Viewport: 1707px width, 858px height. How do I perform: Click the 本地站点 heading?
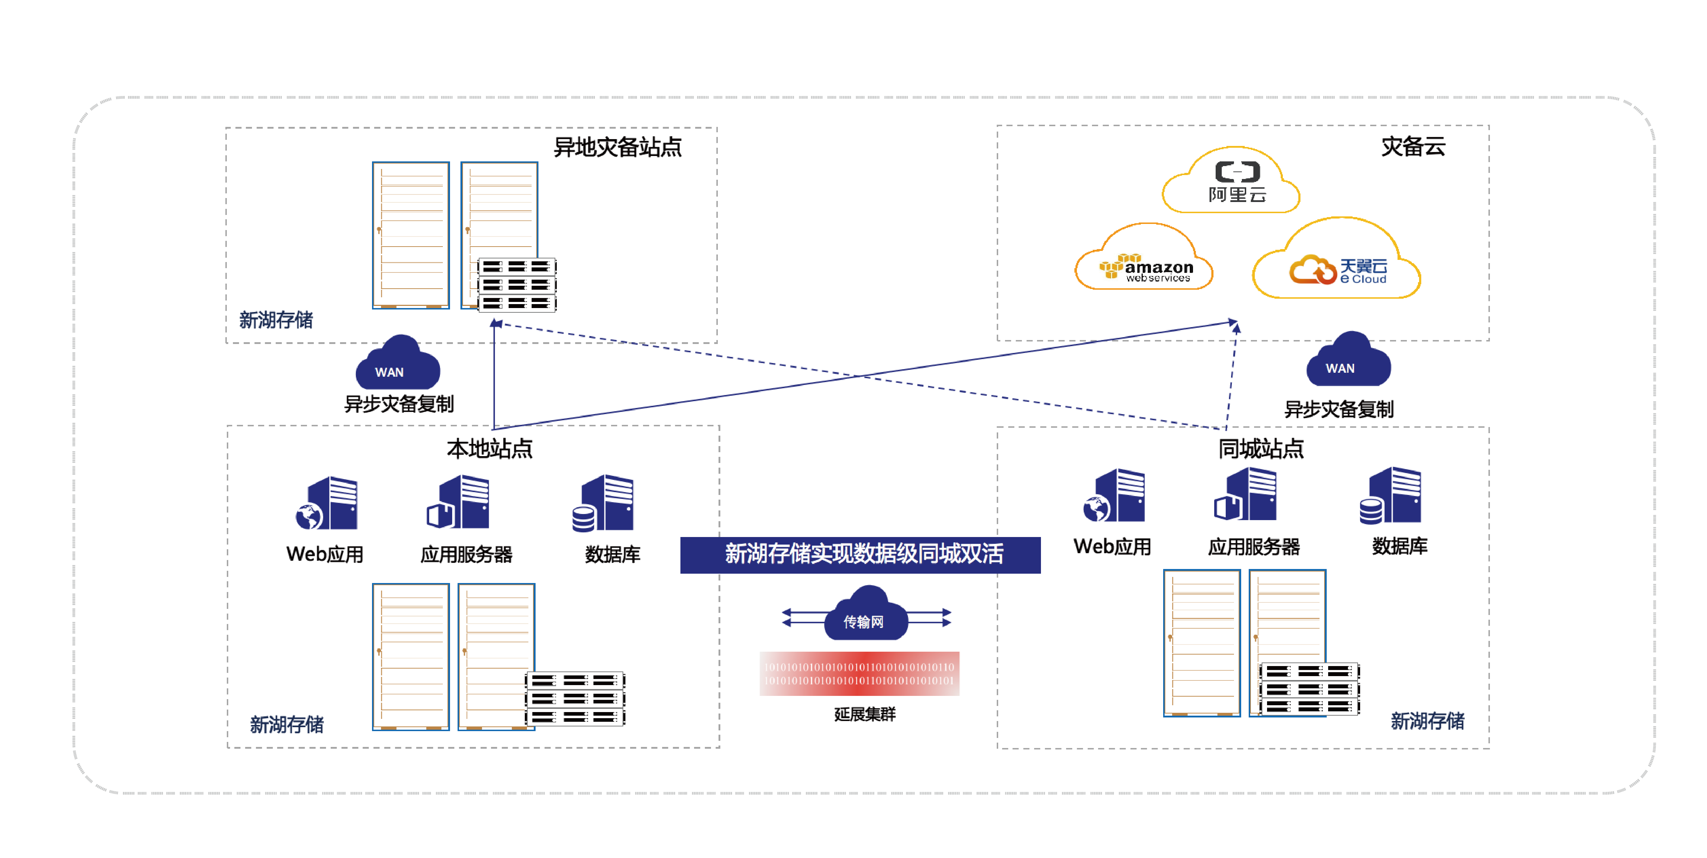[x=489, y=449]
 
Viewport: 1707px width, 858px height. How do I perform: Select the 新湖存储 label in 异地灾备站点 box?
[x=276, y=320]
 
